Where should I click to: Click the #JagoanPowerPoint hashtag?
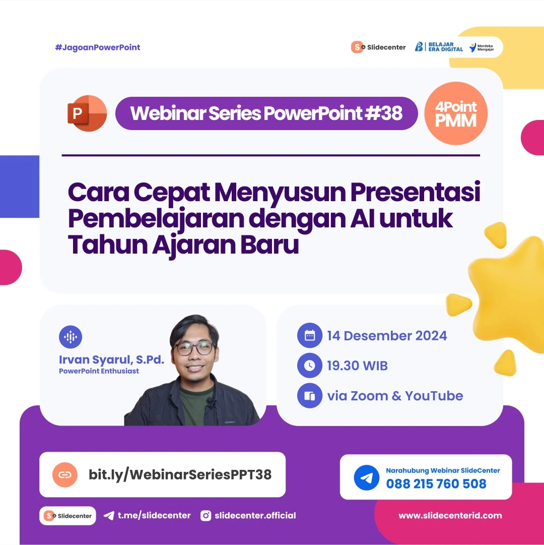tap(98, 47)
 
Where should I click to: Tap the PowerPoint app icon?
tap(87, 113)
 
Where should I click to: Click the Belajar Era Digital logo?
tap(439, 47)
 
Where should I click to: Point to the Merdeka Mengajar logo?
tap(482, 47)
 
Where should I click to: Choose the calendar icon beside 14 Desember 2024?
tap(309, 336)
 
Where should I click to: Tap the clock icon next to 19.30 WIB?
tap(309, 366)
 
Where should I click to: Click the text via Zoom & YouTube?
tap(395, 396)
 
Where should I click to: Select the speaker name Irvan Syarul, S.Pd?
tap(111, 360)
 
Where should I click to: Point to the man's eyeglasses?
tap(194, 348)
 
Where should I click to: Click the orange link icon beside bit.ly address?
tap(65, 474)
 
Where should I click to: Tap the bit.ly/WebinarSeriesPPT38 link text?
tap(180, 474)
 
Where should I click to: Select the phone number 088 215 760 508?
tap(436, 484)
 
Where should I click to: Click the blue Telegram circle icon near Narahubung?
tap(366, 477)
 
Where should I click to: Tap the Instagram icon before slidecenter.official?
tap(206, 515)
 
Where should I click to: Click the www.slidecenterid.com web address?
tap(450, 515)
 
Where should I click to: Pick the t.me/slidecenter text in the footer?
tap(154, 515)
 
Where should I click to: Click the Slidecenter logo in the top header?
tap(379, 47)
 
